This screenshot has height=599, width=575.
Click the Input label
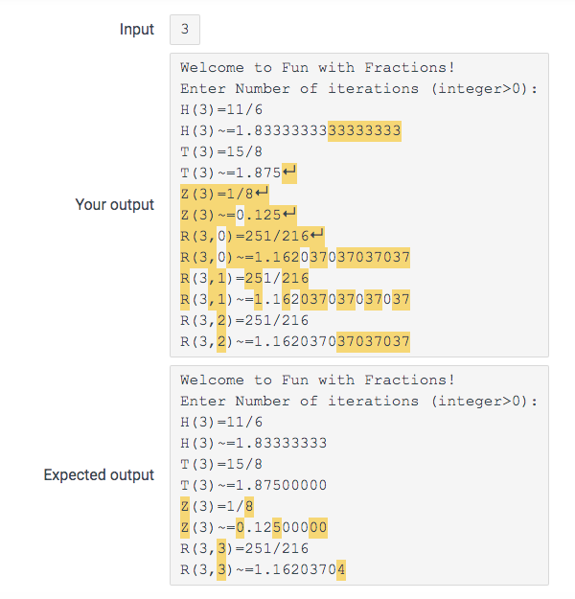click(x=136, y=29)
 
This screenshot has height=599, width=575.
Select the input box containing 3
click(x=185, y=29)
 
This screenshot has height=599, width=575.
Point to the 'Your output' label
click(x=114, y=204)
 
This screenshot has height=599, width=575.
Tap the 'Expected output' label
click(x=99, y=474)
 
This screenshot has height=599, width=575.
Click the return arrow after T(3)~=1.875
click(x=289, y=173)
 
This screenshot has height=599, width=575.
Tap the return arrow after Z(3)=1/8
click(x=262, y=193)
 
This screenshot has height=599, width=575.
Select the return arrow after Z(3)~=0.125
click(x=289, y=214)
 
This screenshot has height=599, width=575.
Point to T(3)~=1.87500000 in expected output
click(x=253, y=485)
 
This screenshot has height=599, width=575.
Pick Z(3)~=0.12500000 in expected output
click(x=253, y=526)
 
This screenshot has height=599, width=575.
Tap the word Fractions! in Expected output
click(x=409, y=380)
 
